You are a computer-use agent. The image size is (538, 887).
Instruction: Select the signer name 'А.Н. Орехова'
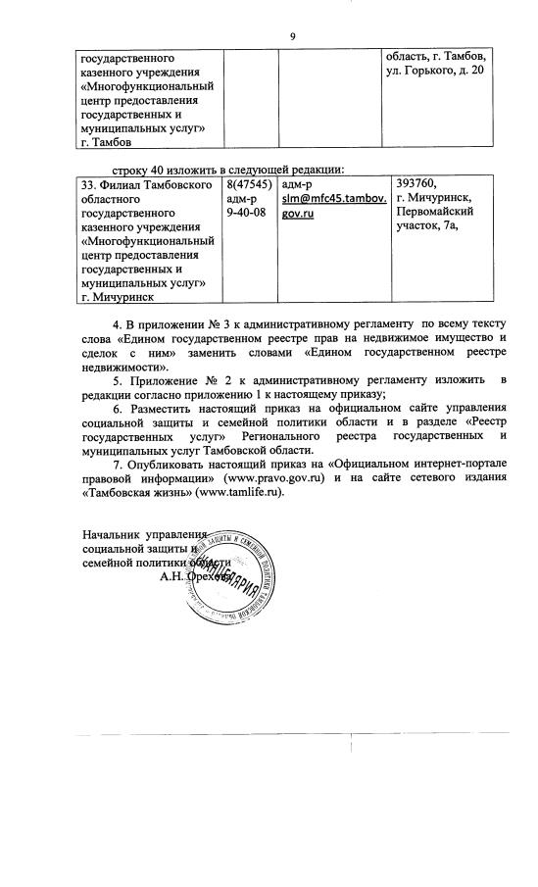[x=197, y=578]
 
